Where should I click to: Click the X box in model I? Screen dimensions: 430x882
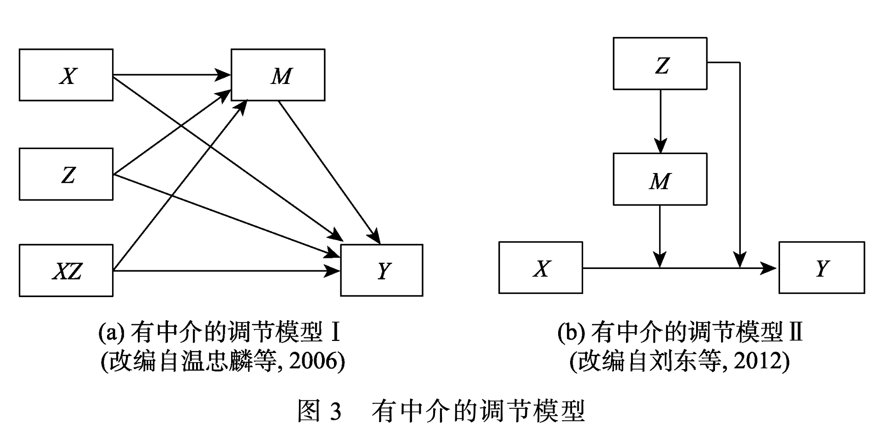(x=66, y=75)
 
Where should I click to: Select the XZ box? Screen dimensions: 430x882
(x=66, y=270)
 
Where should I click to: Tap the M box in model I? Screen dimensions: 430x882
(x=278, y=75)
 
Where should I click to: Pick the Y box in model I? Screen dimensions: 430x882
(x=381, y=270)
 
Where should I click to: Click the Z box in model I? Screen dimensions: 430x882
(x=66, y=174)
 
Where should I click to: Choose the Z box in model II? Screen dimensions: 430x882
(x=660, y=64)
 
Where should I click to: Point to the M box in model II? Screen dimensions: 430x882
(x=660, y=179)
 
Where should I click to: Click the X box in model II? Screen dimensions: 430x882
(x=541, y=268)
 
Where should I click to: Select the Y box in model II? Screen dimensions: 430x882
(x=822, y=268)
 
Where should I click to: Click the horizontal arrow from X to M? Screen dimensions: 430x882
(x=171, y=74)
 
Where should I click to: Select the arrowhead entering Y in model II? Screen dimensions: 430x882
(x=769, y=268)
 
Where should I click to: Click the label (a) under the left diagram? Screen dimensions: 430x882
(x=111, y=332)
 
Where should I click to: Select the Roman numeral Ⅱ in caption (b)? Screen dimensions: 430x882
(x=796, y=332)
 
